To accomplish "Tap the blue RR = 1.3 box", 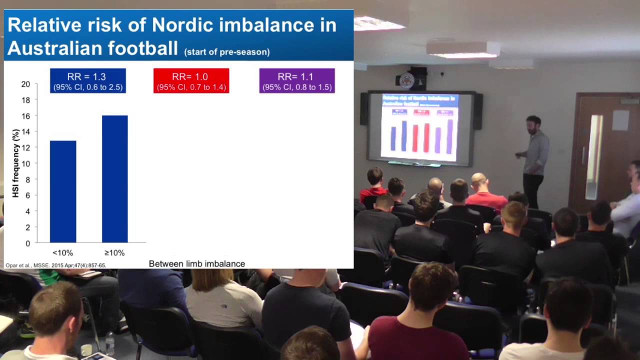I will coord(87,81).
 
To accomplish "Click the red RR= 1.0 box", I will coord(191,81).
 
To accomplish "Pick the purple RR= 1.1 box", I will coord(296,81).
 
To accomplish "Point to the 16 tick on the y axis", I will coord(25,116).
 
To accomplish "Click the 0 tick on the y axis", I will coord(27,243).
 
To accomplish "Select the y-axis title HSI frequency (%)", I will coord(15,163).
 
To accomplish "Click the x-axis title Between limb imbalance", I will coord(196,263).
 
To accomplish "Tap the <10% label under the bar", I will coord(62,253).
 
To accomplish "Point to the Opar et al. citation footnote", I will coord(55,265).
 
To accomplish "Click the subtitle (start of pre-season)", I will coord(226,51).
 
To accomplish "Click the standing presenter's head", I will coord(533,124).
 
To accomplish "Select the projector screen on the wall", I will coord(420,127).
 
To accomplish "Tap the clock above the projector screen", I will coord(407,80).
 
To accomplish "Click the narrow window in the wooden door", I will coord(595,149).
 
